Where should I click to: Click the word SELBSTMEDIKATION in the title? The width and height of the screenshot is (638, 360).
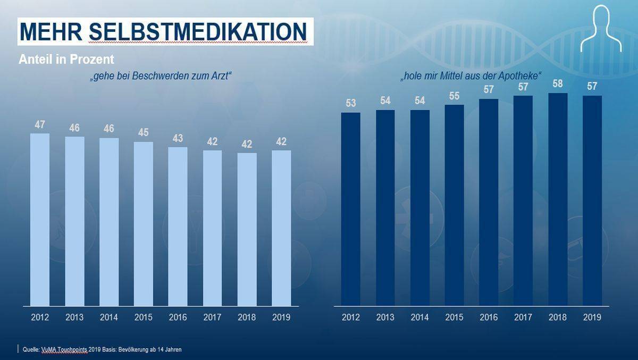click(x=198, y=32)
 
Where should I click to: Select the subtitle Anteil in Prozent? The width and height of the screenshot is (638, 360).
click(x=66, y=59)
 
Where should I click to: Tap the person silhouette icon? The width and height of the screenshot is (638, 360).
click(x=601, y=29)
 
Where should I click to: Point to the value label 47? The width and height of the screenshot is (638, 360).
click(x=40, y=125)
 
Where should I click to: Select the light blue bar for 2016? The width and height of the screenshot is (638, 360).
click(x=178, y=226)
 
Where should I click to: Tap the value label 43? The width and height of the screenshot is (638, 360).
click(x=178, y=138)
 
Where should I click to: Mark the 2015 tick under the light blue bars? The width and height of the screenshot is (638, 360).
click(x=144, y=317)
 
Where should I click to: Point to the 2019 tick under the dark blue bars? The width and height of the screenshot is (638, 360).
click(x=592, y=317)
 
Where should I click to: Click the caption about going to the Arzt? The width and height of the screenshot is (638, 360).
click(x=161, y=76)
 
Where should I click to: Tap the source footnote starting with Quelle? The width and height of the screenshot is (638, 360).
click(x=102, y=349)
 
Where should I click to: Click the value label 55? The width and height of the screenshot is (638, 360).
click(x=454, y=96)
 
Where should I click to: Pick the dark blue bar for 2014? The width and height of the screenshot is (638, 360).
click(x=419, y=207)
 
